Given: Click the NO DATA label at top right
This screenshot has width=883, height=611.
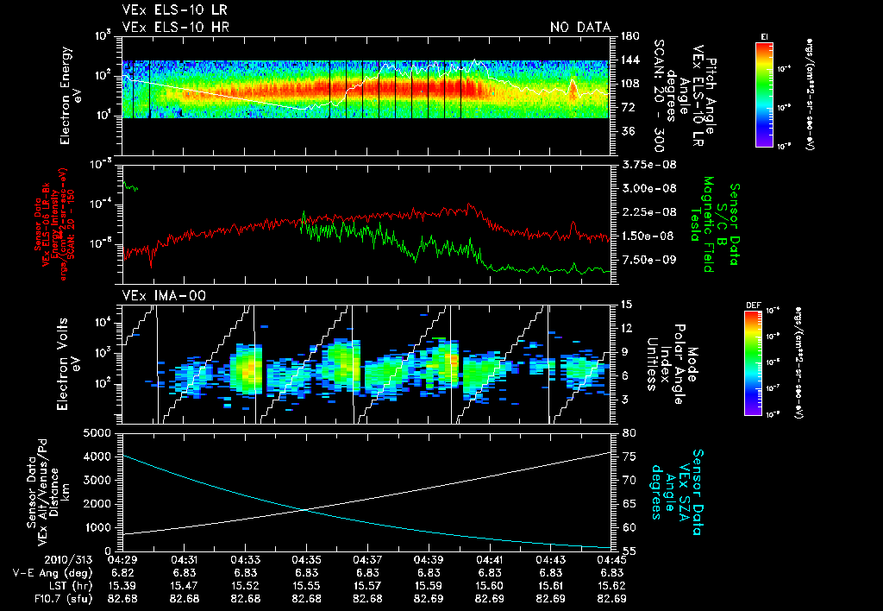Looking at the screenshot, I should (580, 27).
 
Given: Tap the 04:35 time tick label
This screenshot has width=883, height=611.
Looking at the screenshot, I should (307, 560).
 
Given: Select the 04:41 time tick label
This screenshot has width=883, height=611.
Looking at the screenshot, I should (491, 560).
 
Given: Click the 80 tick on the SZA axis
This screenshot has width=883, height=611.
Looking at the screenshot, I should (629, 432).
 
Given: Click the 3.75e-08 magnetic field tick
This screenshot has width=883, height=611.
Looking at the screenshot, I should (644, 165).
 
